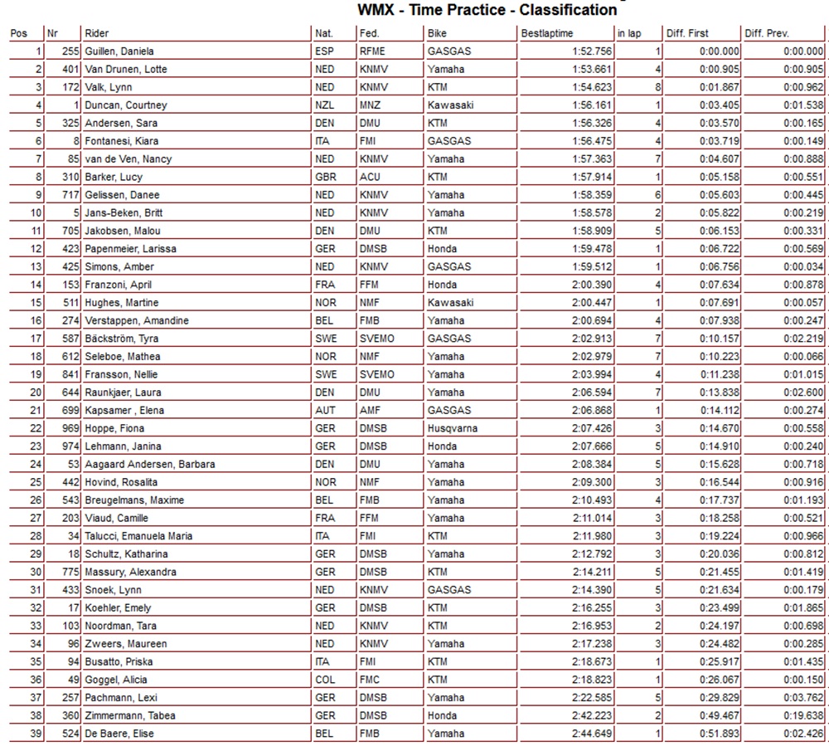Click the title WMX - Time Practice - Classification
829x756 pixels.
coord(487,11)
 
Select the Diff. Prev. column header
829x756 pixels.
coord(767,34)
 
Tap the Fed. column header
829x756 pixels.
coord(369,34)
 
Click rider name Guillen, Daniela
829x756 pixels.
coord(119,51)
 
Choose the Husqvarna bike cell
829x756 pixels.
coord(453,428)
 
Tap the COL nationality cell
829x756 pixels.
coord(325,680)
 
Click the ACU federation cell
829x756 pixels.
coord(370,177)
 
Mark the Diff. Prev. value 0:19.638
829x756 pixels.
coord(802,715)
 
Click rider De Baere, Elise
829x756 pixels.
coord(119,734)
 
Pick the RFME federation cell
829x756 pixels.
coord(373,51)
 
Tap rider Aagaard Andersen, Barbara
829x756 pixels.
coord(150,464)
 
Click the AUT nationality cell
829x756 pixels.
coord(325,410)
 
